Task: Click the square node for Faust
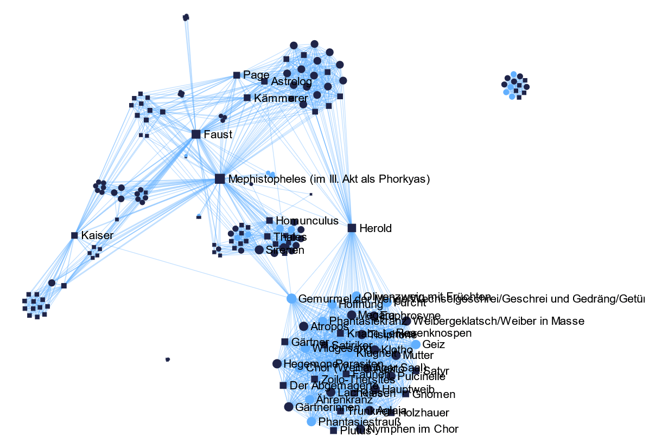coord(196,134)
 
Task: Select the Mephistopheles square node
coord(220,178)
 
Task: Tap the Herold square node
coord(352,228)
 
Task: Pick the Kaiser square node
coord(74,235)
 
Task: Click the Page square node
coord(237,75)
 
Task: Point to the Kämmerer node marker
coord(247,98)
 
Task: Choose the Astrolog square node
coord(264,81)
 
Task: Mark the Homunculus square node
coord(269,220)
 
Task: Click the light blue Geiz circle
coord(416,344)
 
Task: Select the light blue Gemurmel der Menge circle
coord(291,298)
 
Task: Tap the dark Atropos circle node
coord(304,326)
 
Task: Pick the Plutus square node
coord(333,431)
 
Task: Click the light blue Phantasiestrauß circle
coord(311,421)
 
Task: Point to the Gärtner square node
coord(284,342)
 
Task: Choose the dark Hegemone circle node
coord(277,363)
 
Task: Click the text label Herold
coord(375,228)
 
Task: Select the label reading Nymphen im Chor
coord(412,429)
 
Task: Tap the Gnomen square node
coord(405,394)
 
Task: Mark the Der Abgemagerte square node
coord(283,385)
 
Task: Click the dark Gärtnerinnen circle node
coord(289,407)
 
